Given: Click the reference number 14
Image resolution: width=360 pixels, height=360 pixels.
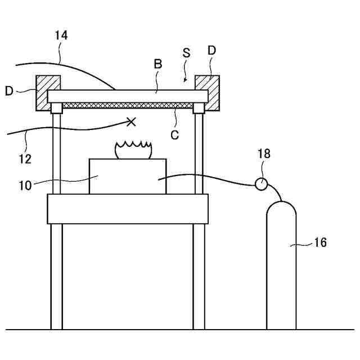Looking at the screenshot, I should (x=61, y=35).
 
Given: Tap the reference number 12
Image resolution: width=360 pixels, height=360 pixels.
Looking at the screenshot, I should (x=25, y=159).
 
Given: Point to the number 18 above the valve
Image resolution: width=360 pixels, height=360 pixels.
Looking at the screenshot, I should (x=264, y=154).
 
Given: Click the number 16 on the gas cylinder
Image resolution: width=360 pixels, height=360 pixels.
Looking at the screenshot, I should (x=320, y=243).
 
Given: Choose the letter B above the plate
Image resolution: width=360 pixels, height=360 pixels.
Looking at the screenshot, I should (x=158, y=64).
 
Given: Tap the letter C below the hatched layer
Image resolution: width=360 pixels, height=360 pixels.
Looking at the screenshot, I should (x=174, y=135).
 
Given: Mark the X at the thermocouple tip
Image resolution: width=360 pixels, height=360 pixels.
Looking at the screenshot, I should (x=132, y=121).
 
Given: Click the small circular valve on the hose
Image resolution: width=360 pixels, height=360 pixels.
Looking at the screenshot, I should (x=261, y=183).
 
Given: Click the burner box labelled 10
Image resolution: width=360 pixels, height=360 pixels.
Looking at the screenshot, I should (x=128, y=177).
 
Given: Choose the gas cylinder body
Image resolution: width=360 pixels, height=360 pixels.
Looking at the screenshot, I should (x=281, y=264).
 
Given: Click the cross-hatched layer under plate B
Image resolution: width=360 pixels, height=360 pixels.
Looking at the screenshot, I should (x=127, y=105).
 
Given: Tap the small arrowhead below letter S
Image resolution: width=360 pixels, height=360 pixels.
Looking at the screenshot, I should (x=186, y=80).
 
